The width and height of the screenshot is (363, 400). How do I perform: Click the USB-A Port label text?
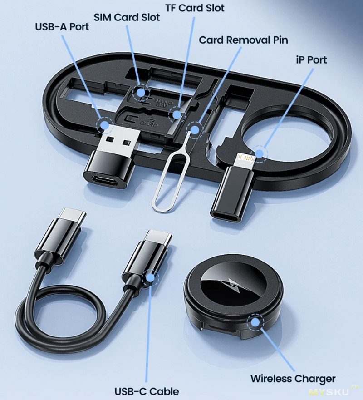(62, 27)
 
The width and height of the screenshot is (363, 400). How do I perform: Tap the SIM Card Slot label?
(127, 17)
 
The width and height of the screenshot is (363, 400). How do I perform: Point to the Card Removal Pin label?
(243, 40)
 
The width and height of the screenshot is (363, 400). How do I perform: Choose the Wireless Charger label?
(293, 379)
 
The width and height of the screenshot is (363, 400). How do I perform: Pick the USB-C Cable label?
(147, 391)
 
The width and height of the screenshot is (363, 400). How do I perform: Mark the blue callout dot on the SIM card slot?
(140, 93)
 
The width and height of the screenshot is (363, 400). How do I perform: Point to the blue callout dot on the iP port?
(259, 153)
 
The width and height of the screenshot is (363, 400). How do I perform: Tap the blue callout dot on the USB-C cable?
(150, 278)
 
